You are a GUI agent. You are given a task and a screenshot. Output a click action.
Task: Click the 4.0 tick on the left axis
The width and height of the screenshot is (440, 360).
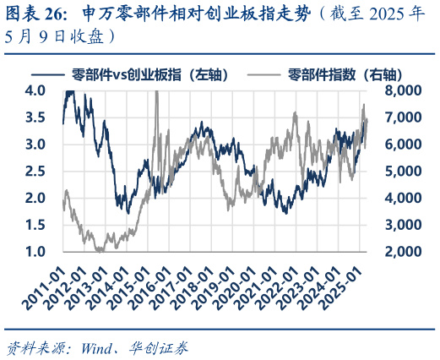(34, 90)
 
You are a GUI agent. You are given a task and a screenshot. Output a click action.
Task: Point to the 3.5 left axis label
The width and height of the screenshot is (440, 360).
(34, 117)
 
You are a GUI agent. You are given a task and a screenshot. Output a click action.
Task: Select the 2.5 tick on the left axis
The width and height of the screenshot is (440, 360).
(34, 172)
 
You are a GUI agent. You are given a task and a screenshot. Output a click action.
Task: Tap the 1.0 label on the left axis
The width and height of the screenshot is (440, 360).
(34, 252)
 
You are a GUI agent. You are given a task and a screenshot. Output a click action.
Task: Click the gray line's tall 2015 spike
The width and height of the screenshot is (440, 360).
(158, 95)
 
